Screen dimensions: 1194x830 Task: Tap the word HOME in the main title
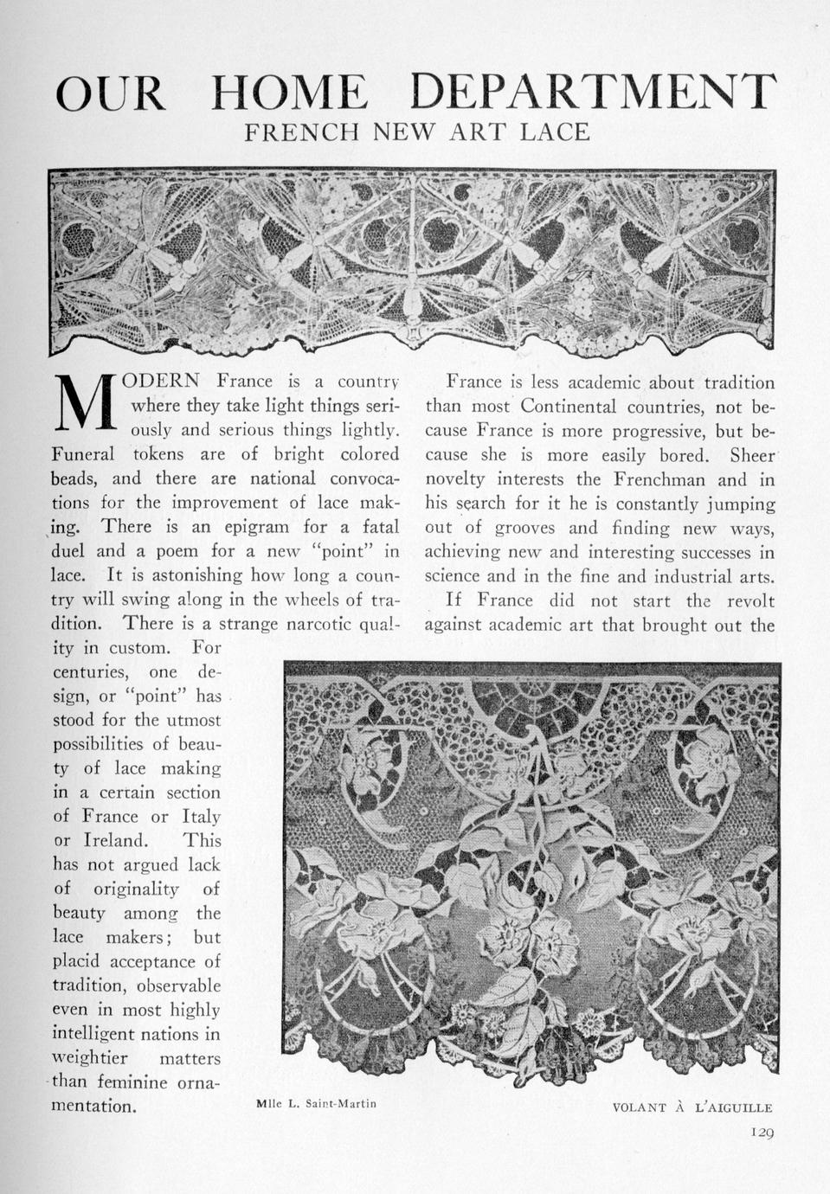coord(289,92)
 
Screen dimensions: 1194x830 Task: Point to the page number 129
coord(762,1132)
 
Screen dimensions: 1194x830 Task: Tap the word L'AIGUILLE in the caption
coord(733,1107)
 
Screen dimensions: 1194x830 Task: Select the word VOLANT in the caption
coord(639,1107)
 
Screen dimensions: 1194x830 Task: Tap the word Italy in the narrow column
coord(201,816)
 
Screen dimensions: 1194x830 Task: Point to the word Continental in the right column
coord(569,406)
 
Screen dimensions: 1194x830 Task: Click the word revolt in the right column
coord(750,600)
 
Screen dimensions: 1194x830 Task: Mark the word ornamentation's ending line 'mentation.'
coord(94,1106)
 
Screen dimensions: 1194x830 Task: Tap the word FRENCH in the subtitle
coord(301,132)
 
